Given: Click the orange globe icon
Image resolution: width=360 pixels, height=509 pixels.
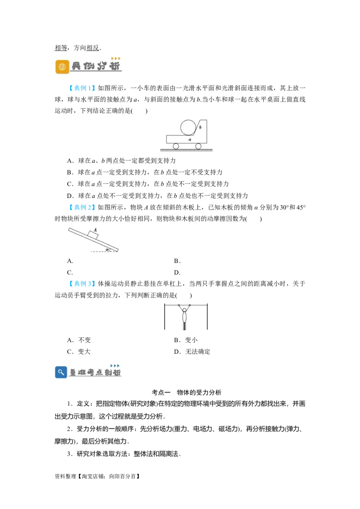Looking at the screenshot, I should pyautogui.click(x=62, y=67).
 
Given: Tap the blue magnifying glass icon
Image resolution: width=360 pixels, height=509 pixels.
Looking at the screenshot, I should pyautogui.click(x=61, y=372).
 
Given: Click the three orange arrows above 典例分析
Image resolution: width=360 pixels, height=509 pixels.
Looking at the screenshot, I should pyautogui.click(x=116, y=58).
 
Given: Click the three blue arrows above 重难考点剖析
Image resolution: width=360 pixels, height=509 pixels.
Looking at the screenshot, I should pyautogui.click(x=115, y=366).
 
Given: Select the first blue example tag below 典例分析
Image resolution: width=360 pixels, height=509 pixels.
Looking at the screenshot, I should pyautogui.click(x=82, y=88).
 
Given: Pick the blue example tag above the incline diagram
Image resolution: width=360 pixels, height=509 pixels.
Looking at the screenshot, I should pyautogui.click(x=82, y=207).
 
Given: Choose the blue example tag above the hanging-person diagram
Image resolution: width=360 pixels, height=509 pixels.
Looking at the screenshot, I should pyautogui.click(x=82, y=284).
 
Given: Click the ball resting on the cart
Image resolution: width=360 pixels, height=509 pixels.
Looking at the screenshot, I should pyautogui.click(x=188, y=127).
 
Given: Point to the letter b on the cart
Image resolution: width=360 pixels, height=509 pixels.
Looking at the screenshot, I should pyautogui.click(x=200, y=127).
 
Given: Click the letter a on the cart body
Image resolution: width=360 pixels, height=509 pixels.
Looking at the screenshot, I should pyautogui.click(x=190, y=140).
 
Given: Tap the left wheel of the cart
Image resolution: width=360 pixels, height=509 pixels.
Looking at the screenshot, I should pyautogui.click(x=176, y=146).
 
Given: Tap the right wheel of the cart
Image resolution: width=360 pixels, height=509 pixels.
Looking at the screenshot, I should pyautogui.click(x=198, y=146).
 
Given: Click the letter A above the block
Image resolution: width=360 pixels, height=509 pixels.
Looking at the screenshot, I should pyautogui.click(x=95, y=229).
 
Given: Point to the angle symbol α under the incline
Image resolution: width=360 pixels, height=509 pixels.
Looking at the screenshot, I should pyautogui.click(x=108, y=249).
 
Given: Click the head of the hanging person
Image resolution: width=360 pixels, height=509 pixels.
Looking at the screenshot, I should pyautogui.click(x=184, y=310).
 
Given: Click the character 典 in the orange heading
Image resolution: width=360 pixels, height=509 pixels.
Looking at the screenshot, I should pyautogui.click(x=76, y=67).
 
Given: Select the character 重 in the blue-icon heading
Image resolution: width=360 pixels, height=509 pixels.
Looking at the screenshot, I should pyautogui.click(x=73, y=372).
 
